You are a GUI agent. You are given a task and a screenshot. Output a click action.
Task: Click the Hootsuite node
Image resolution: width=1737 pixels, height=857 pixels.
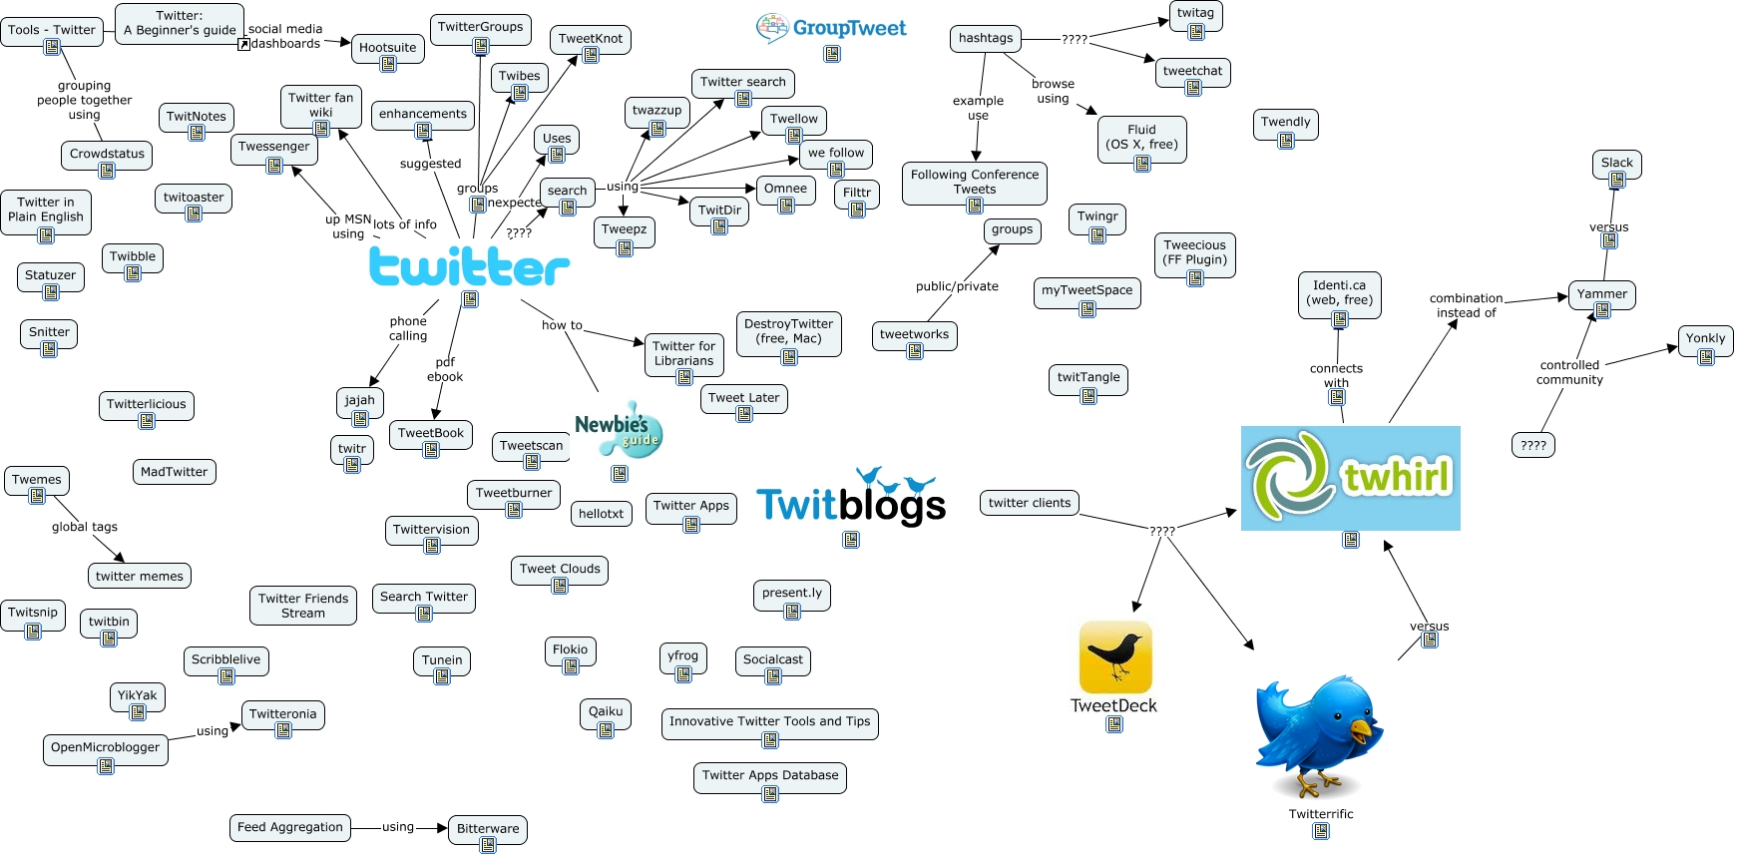[387, 48]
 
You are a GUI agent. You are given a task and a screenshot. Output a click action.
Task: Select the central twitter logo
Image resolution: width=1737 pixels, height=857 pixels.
[469, 266]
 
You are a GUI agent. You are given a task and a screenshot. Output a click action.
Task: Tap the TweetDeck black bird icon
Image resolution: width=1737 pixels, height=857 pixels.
[1115, 656]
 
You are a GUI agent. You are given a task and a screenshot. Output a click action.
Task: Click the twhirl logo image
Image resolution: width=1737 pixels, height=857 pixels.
[1350, 478]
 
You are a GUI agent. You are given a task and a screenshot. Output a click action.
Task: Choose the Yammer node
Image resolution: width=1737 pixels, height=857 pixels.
[1601, 294]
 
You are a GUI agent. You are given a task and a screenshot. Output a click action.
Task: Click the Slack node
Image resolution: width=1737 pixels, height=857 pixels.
[1616, 164]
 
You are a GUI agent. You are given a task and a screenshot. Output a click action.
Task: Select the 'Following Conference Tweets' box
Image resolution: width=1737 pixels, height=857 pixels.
[974, 182]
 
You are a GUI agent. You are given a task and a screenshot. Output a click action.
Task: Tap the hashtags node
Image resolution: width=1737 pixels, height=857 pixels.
[985, 38]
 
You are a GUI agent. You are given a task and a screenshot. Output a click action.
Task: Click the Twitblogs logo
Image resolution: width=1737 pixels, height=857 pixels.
[850, 499]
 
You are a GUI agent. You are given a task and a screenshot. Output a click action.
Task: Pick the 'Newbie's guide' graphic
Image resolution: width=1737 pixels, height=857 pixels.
[619, 430]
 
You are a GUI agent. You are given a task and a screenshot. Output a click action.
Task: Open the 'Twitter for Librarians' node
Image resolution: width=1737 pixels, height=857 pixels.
[683, 353]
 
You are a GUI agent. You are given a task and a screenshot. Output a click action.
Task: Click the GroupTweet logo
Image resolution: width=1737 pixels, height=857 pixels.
[831, 28]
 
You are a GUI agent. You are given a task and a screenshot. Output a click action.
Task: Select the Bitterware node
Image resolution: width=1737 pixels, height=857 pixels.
[487, 828]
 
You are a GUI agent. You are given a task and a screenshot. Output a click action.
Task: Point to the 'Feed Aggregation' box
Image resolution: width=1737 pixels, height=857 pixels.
[290, 827]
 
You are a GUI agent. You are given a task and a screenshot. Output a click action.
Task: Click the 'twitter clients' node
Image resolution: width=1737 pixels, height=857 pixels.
[1029, 503]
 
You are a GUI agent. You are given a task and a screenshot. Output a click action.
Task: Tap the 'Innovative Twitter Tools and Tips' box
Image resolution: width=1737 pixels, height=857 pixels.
[769, 721]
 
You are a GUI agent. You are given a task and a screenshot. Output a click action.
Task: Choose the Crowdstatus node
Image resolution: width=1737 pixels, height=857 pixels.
[107, 154]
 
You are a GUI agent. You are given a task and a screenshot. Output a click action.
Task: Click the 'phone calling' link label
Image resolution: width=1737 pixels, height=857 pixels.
[408, 328]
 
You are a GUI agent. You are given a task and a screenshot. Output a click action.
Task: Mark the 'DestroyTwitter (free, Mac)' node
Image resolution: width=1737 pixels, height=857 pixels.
[788, 331]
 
